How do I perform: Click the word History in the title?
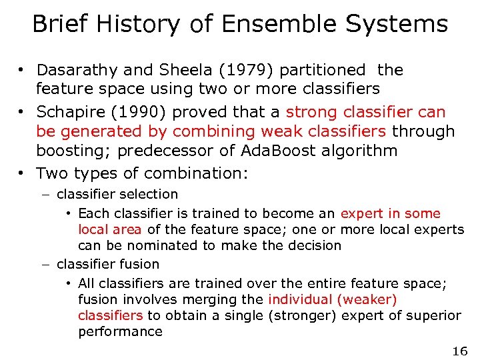138,25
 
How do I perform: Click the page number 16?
459,351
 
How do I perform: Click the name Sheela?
187,70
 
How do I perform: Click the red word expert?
362,213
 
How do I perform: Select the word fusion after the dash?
139,264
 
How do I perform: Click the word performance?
120,331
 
